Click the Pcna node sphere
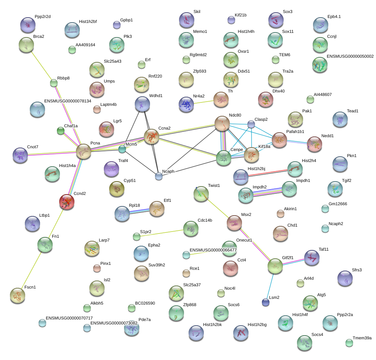tap(84, 151)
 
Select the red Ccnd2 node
tap(67, 202)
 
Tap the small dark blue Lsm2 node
tap(265, 302)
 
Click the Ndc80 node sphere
tap(222, 123)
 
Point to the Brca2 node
tap(26, 45)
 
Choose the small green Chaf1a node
tap(61, 131)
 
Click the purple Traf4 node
tap(111, 169)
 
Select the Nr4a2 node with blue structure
tap(186, 104)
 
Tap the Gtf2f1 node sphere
tap(275, 266)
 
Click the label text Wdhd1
tap(156, 96)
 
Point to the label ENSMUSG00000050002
tap(350, 56)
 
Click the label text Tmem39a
tap(362, 338)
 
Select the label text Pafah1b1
tap(295, 131)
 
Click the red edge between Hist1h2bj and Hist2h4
tap(268, 173)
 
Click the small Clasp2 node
tap(251, 124)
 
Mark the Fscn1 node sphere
tap(18, 295)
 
